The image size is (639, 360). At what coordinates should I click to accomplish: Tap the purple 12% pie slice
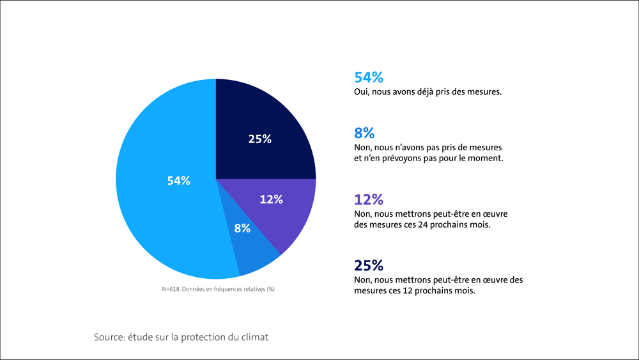point(281,211)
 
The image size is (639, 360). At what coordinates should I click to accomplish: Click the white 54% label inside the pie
point(179,181)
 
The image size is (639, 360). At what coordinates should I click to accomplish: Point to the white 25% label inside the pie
point(260,139)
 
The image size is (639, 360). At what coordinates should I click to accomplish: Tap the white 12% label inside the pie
point(271,200)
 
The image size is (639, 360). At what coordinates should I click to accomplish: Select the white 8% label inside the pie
point(242,228)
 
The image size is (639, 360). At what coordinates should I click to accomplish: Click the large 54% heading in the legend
point(369,78)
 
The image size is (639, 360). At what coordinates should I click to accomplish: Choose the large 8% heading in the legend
point(364,133)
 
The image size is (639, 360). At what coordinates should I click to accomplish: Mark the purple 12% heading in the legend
point(369,200)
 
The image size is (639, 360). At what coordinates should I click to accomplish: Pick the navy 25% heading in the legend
point(369,265)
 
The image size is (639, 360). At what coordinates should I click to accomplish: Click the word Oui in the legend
point(362,92)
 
